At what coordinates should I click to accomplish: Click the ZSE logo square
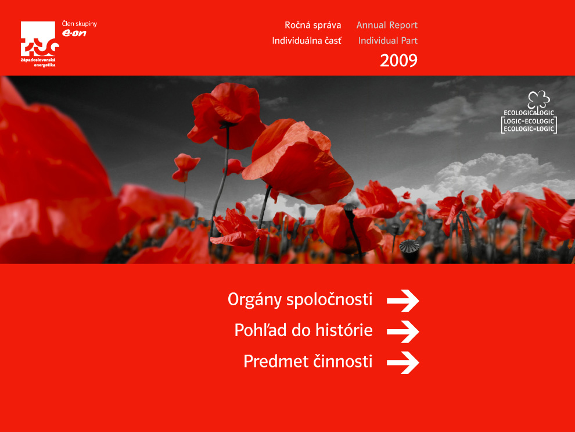coord(38,38)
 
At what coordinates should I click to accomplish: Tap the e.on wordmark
coord(74,33)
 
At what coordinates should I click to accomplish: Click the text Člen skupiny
coord(79,24)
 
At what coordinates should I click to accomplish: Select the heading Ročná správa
coord(313,25)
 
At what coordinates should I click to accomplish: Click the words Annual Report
coord(387,25)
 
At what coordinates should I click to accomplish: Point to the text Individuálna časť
coord(307,40)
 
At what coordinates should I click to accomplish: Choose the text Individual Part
coord(387,40)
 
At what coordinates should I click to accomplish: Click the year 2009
coord(398,60)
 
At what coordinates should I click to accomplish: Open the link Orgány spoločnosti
coord(300,299)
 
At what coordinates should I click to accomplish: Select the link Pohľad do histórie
coord(303,330)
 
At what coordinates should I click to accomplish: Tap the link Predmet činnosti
coord(308,361)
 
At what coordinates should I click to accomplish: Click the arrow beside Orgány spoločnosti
coord(403,301)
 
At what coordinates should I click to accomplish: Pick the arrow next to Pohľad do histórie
coord(403,331)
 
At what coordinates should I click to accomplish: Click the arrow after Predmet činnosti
coord(403,362)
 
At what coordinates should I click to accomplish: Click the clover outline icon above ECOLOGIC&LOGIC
coord(538,100)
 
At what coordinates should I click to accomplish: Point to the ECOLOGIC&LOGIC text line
coord(529,113)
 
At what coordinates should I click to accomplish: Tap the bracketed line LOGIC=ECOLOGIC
coord(529,121)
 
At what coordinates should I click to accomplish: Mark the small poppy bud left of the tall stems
coord(185,167)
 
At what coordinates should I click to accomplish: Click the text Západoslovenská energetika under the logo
coord(38,62)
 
